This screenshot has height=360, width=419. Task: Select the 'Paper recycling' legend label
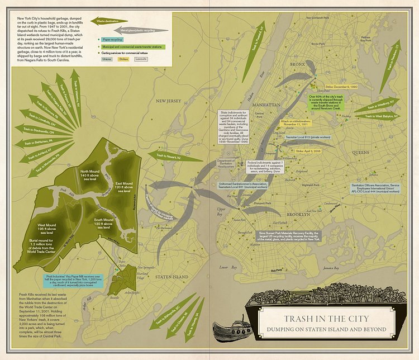coord(113,40)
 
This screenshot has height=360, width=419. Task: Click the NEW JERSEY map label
coord(169,101)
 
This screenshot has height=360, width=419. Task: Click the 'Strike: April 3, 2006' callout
coord(308,151)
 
